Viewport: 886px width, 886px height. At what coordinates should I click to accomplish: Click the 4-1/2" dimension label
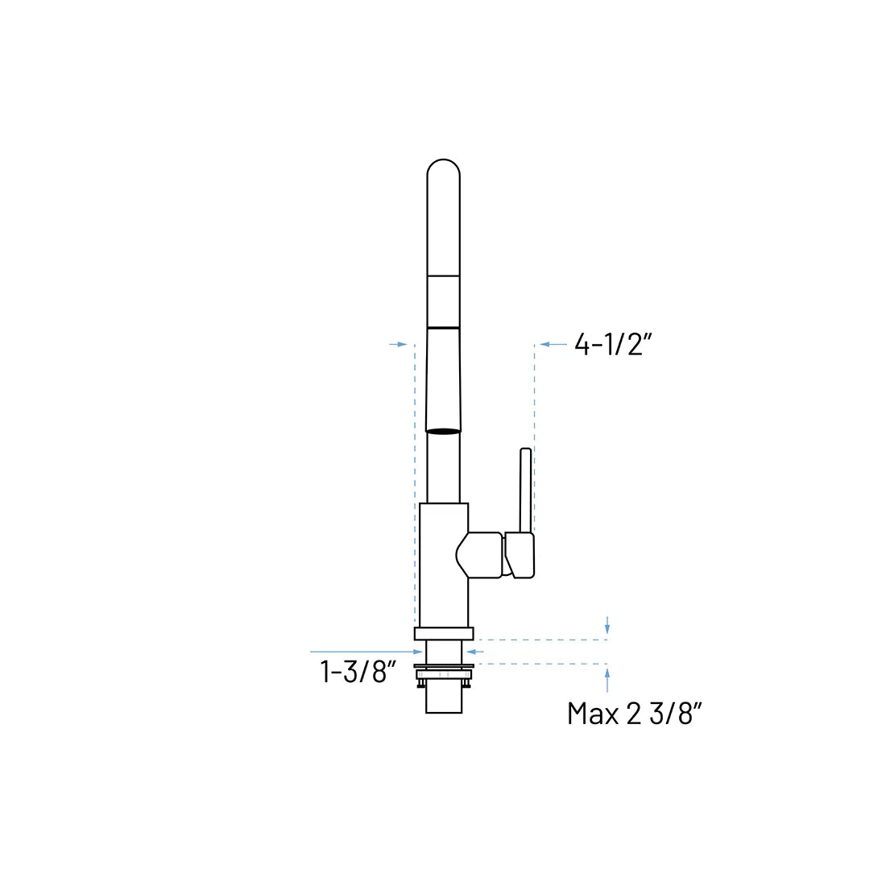point(612,345)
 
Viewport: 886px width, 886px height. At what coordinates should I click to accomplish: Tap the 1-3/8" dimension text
point(359,671)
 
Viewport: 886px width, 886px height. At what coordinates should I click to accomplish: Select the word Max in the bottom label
point(593,713)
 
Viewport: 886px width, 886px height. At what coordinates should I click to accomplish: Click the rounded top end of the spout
point(443,171)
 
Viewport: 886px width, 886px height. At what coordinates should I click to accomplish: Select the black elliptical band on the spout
point(443,432)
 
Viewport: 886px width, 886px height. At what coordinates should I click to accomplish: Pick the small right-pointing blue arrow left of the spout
point(398,344)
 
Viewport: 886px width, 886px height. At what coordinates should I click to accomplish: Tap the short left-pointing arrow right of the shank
point(474,651)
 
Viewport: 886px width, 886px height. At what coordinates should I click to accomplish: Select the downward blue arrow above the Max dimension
point(607,625)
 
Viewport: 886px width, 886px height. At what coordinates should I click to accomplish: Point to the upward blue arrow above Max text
point(607,679)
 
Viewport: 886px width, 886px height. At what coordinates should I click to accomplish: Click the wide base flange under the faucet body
point(443,633)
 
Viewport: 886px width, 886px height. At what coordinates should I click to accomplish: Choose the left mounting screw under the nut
point(420,684)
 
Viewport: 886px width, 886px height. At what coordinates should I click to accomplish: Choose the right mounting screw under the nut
point(466,684)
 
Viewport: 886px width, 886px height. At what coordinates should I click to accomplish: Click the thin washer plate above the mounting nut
point(443,665)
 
